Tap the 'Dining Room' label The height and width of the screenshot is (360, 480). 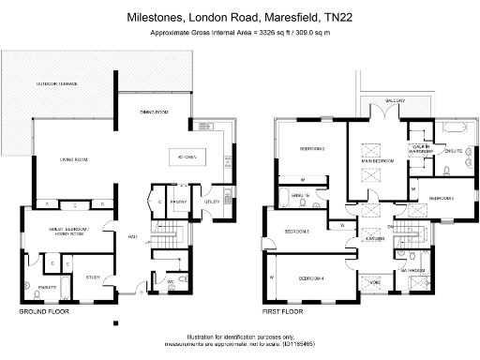[x=154, y=112]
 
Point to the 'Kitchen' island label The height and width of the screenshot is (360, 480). [x=187, y=157]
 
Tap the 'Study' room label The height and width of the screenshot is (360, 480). [x=93, y=277]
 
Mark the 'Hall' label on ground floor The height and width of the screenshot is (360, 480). [x=132, y=236]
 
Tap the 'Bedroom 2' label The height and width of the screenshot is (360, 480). [x=312, y=148]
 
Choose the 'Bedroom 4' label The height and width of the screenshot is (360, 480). [x=311, y=278]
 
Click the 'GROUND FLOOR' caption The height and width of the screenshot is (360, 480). [x=43, y=309]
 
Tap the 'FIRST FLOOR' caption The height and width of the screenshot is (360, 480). [x=287, y=309]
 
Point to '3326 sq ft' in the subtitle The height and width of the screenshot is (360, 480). [x=271, y=33]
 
